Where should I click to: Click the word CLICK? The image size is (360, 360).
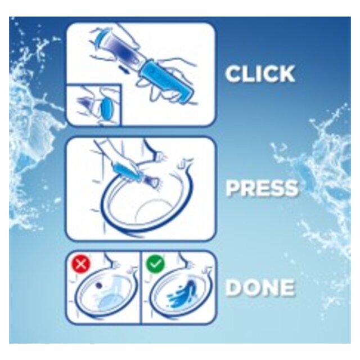[260, 74]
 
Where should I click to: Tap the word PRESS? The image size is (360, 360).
[262, 188]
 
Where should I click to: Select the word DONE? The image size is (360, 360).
[260, 288]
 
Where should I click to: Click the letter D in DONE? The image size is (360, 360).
[236, 288]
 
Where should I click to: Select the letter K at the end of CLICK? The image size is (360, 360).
[285, 74]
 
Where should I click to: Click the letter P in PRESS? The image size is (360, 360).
[233, 188]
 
